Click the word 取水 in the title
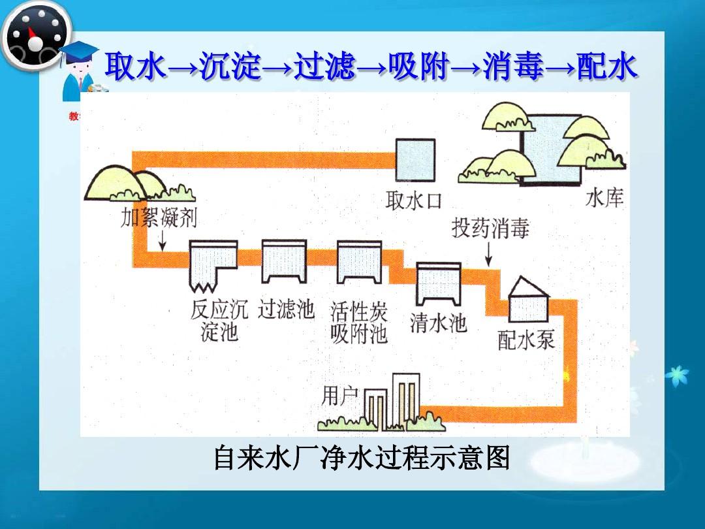click(x=136, y=67)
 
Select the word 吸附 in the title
click(x=418, y=67)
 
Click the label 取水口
click(x=413, y=200)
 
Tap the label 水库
click(x=604, y=198)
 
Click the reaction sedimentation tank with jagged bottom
click(x=213, y=265)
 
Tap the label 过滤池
click(x=286, y=309)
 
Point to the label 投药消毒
click(x=490, y=228)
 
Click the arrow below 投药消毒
click(x=489, y=253)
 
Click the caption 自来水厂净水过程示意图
click(x=361, y=458)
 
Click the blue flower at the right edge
click(x=677, y=376)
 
